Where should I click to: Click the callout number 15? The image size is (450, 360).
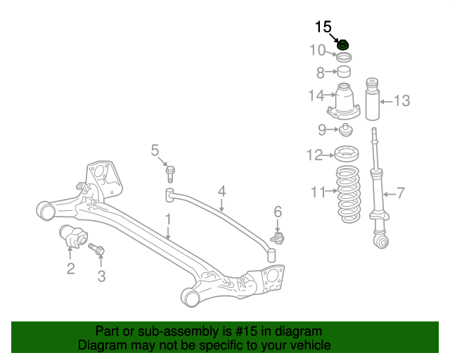pos(323,27)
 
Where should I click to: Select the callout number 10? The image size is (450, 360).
pos(317,50)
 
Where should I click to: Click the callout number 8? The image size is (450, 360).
pos(320,72)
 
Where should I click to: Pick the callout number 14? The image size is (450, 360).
pos(316,96)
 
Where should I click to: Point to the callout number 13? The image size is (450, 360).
pos(401,101)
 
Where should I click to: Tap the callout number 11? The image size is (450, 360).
pos(319,191)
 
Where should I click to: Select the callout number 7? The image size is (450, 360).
pos(401,192)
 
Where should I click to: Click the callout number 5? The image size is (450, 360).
pos(155,150)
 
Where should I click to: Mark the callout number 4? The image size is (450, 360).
pos(221,191)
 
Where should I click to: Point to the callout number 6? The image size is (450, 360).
pos(278,211)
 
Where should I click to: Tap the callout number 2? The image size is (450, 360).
pos(70,267)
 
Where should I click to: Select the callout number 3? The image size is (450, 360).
pos(101,276)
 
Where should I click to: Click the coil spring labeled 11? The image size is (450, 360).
pos(347,195)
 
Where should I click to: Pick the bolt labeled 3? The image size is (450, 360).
pos(96,249)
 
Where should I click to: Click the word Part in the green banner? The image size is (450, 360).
pos(108,331)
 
